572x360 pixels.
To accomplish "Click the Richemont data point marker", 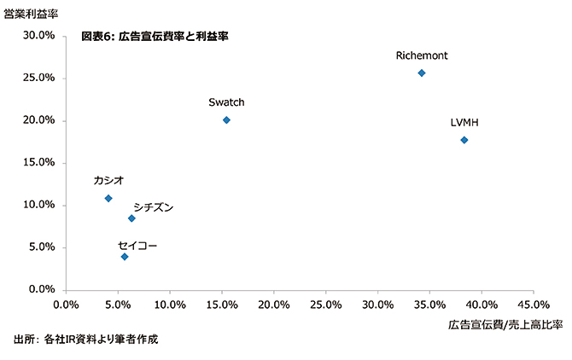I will [422, 73].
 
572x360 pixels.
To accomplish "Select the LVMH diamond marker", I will [464, 140].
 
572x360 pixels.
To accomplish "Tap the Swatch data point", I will [226, 120].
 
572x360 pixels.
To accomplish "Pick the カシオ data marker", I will [108, 199].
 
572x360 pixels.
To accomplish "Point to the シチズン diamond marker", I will [131, 218].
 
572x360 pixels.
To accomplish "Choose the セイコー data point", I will [125, 257].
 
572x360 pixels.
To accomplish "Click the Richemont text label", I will [422, 55].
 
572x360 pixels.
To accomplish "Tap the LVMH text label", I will [464, 123].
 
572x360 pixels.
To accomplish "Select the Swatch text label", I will [226, 102].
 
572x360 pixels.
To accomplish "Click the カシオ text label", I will [108, 180].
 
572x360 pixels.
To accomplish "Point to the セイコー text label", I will [137, 246].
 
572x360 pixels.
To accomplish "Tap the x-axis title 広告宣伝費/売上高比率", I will [505, 325].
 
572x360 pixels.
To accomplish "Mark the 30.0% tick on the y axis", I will [39, 36].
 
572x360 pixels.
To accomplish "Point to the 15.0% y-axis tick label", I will [39, 163].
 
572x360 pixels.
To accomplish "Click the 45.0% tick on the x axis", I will [534, 304].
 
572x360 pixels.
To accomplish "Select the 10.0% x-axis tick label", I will [170, 304].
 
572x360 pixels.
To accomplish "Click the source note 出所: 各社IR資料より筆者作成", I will [85, 340].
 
